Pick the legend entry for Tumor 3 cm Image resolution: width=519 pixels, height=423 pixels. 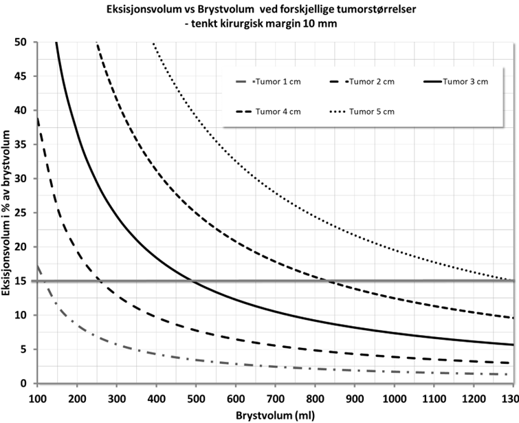[465, 82]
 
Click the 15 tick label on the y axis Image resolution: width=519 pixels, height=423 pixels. [26, 281]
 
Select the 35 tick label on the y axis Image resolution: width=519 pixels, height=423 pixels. [26, 144]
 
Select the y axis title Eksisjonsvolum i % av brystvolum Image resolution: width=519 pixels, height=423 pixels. [9, 213]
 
